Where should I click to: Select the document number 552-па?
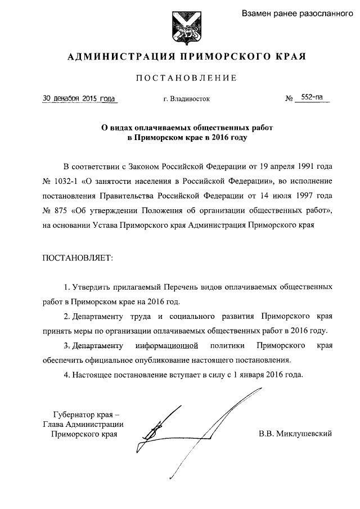pos(312,97)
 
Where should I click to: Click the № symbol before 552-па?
pos(290,98)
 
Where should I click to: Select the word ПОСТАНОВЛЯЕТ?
pos(78,257)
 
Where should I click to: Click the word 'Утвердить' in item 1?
pos(93,286)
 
